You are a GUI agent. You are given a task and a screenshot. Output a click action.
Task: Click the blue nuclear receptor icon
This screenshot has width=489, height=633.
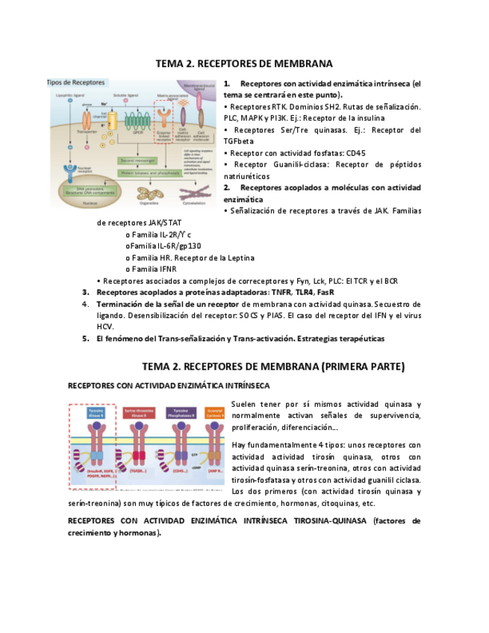click(70, 172)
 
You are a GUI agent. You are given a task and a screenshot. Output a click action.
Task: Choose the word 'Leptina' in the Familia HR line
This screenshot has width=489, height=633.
click(239, 258)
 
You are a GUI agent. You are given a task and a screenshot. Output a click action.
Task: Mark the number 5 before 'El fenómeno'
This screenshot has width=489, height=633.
click(86, 338)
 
